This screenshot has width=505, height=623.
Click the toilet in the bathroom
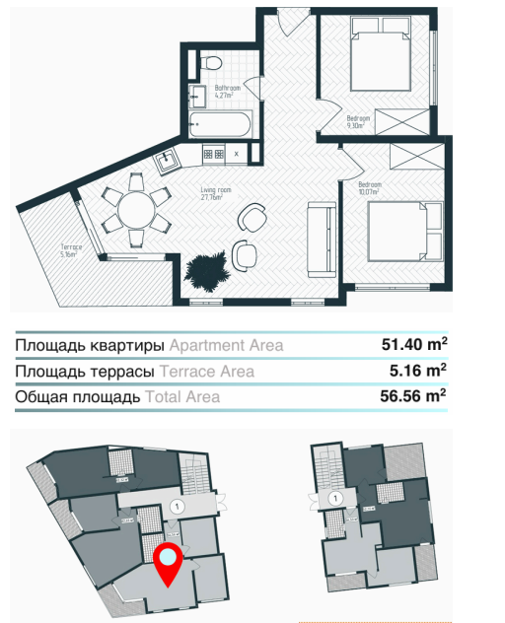[x=211, y=64]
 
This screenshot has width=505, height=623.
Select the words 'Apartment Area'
[x=226, y=345]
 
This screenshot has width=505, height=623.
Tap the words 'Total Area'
[x=182, y=397]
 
